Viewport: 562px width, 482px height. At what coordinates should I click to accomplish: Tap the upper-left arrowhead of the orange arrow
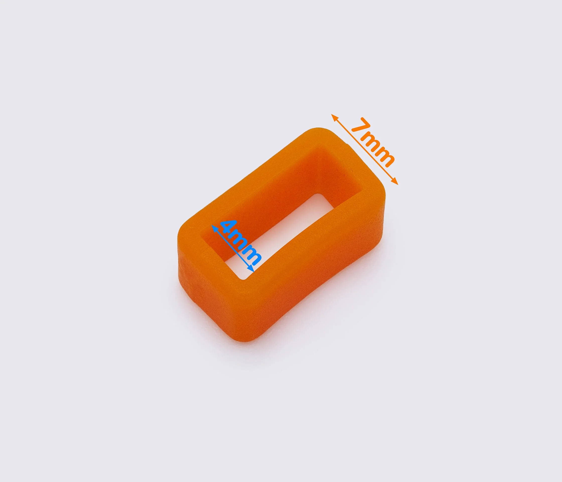pos(334,117)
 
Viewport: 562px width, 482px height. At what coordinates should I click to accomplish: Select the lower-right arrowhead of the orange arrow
pos(395,182)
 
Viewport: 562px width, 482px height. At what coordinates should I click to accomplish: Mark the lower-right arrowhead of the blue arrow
pos(251,268)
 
